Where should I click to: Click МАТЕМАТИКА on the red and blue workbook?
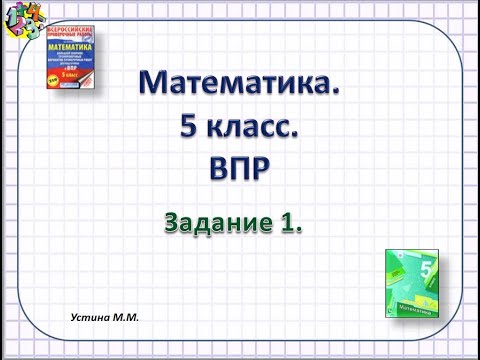point(79,46)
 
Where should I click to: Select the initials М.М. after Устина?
point(125,316)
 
